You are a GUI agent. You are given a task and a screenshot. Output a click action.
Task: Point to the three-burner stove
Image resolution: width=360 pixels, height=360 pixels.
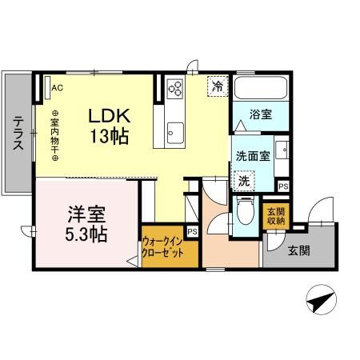point(175,89)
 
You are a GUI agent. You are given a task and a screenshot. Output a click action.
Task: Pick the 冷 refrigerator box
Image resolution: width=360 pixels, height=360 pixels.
point(217,85)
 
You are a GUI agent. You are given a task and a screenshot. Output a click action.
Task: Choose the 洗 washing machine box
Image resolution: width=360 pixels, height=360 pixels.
point(243,181)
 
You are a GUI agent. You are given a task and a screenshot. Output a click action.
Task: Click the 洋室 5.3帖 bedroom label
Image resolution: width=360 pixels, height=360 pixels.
point(87,225)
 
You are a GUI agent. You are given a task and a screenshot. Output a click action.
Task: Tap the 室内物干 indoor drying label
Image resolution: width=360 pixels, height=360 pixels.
point(55,135)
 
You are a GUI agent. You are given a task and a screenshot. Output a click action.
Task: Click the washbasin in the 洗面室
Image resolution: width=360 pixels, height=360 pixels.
point(281,151)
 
